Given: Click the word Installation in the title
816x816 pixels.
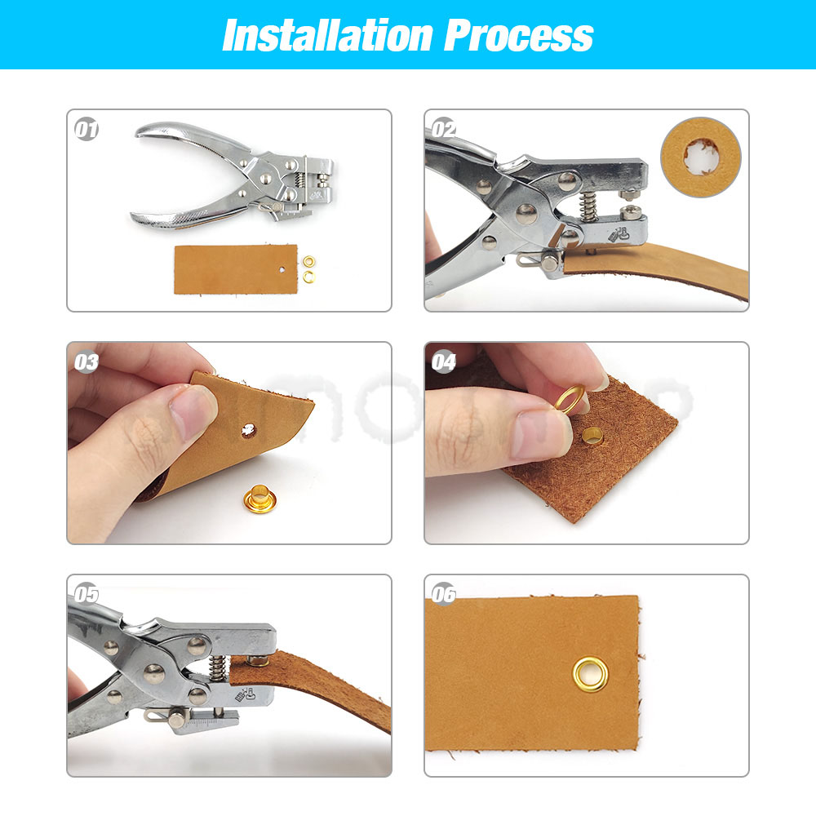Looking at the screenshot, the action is [x=328, y=35].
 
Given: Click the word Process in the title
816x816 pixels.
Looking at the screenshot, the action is [x=519, y=35].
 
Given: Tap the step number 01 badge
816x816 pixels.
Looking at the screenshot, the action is [x=86, y=129].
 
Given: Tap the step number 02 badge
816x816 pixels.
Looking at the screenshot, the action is [x=444, y=129].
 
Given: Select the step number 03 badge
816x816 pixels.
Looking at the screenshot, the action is [x=86, y=361].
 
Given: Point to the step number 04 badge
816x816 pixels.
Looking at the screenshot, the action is [x=444, y=361].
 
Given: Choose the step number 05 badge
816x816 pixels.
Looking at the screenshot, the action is [x=86, y=594].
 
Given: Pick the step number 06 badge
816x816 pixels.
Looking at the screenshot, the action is [x=444, y=594].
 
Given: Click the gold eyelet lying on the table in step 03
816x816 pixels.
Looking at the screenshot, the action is [x=259, y=498].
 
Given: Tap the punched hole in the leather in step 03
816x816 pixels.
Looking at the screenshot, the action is [x=249, y=430].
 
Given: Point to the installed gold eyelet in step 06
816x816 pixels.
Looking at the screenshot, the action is [x=590, y=675].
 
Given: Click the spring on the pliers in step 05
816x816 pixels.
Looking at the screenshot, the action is [x=218, y=667].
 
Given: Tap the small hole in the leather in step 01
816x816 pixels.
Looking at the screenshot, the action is [x=282, y=270].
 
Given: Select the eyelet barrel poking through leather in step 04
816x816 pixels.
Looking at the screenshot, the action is [x=592, y=436].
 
